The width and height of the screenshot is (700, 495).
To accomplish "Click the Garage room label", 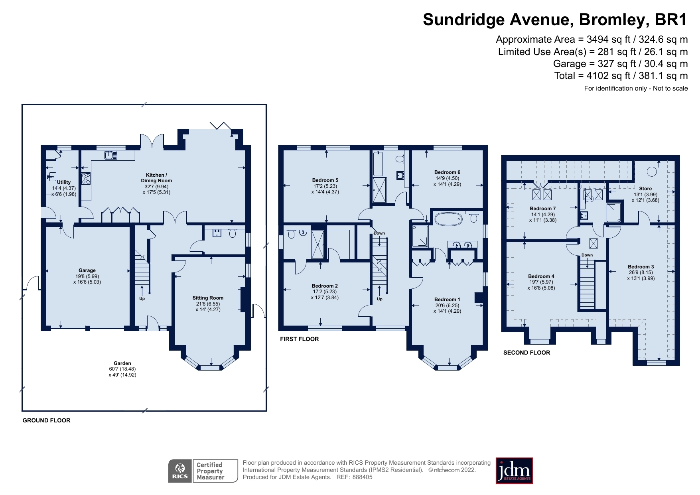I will [87, 270].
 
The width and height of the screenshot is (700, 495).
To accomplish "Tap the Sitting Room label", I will [208, 298].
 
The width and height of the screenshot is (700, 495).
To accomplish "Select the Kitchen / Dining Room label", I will [156, 178].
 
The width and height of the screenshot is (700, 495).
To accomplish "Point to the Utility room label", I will [64, 182].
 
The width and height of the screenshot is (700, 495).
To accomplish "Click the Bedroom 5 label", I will [325, 180].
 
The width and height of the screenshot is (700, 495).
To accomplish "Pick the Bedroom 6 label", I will [447, 172].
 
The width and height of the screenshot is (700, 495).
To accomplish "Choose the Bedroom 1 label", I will [447, 300].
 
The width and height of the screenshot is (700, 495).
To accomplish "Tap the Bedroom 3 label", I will [641, 267].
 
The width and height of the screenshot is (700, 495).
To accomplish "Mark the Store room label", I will [645, 189].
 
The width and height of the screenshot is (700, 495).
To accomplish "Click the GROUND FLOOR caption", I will [46, 420].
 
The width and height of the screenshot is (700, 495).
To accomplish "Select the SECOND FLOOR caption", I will [526, 353].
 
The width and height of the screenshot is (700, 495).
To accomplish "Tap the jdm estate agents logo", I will [514, 471].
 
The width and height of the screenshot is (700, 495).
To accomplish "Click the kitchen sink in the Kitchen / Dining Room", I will [111, 155].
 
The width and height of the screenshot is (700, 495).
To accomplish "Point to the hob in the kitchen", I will [86, 178].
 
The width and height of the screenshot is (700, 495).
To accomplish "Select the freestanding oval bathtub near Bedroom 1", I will [448, 219].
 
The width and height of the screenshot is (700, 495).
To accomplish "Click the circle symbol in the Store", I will [652, 172].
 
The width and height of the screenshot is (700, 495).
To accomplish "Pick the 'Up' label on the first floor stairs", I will [380, 299].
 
